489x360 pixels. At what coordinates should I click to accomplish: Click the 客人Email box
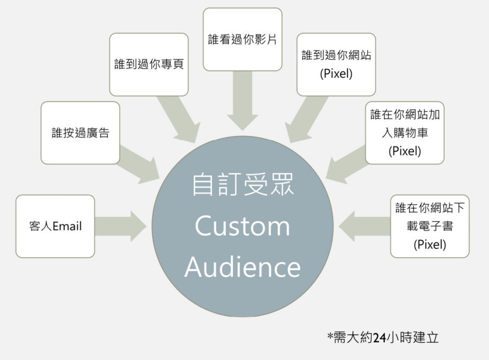[x=55, y=226]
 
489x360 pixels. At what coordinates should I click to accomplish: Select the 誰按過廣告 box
[x=80, y=133]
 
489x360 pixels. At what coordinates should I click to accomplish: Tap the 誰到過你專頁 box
[x=149, y=64]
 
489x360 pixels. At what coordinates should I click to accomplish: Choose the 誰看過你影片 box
[x=242, y=39]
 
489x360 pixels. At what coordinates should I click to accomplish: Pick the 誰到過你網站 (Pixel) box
[x=336, y=64]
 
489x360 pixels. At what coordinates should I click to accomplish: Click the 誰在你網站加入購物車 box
[x=404, y=133]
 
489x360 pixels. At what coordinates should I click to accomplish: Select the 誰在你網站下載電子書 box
[x=429, y=226]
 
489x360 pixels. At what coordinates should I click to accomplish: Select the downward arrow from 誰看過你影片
[x=242, y=103]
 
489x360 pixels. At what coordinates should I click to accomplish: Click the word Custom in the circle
[x=242, y=226]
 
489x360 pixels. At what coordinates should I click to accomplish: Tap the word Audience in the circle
[x=242, y=267]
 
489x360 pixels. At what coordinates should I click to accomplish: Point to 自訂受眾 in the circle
[x=242, y=185]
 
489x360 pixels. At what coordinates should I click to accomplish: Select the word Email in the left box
[x=67, y=226]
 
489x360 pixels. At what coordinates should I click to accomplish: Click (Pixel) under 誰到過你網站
[x=336, y=74]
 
